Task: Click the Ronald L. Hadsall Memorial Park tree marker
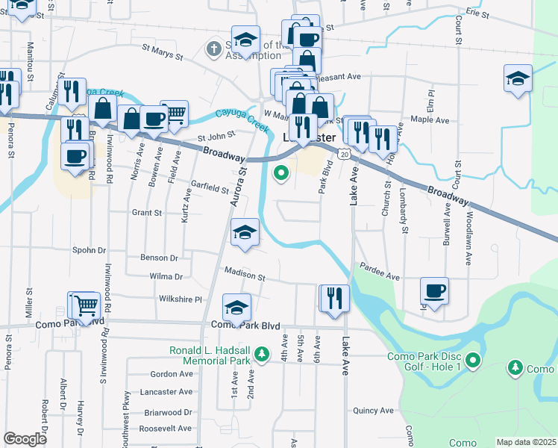coord(260,352)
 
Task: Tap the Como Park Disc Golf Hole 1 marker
coord(472,362)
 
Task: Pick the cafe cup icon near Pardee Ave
coord(434,290)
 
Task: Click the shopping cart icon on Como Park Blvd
coord(85,305)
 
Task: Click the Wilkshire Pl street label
coord(180,299)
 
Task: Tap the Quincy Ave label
coord(373,410)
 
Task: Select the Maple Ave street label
coord(430,119)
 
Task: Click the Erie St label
coord(477,14)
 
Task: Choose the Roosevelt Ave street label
coord(166,428)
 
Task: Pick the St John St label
coord(216,137)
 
